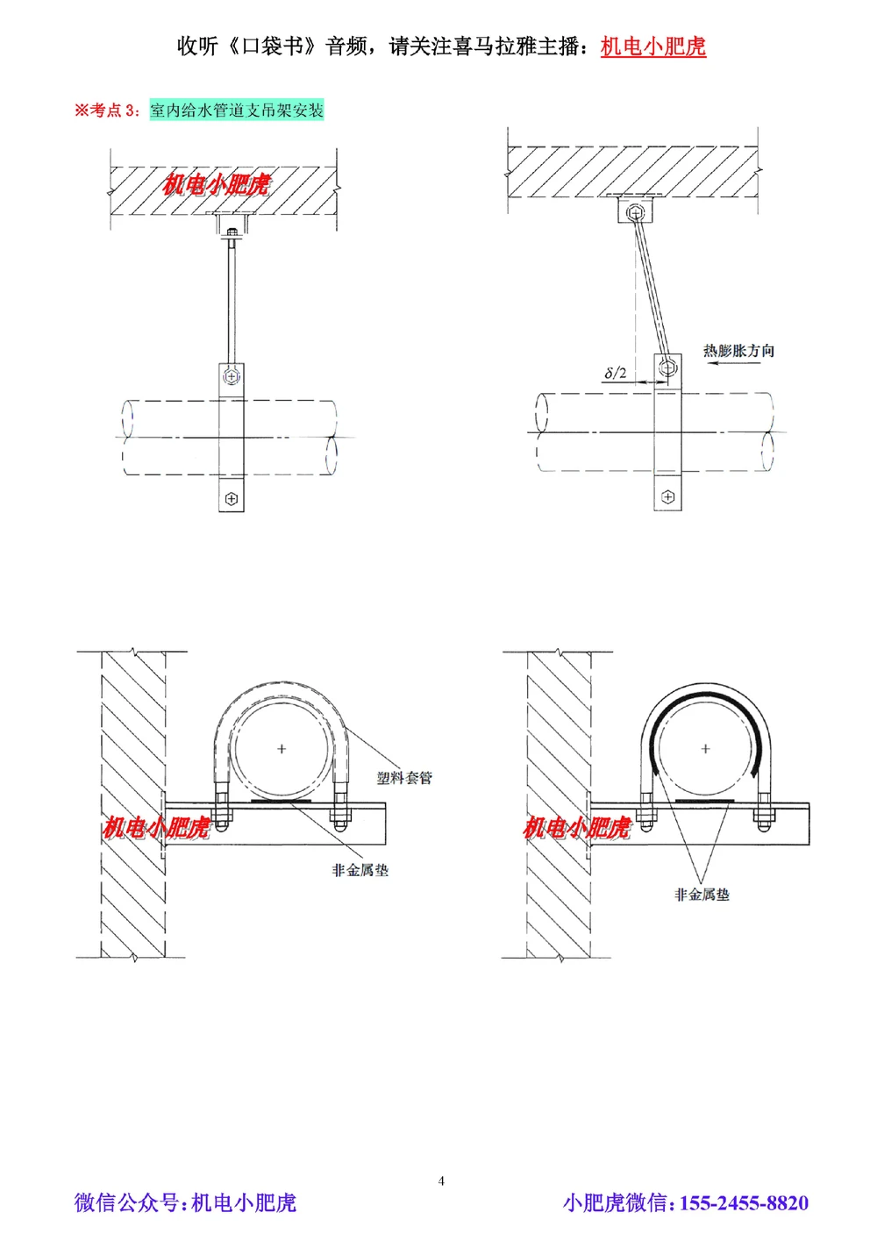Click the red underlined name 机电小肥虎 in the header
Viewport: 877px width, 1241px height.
652,46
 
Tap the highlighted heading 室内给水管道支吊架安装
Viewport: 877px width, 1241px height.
237,111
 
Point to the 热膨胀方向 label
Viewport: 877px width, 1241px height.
738,350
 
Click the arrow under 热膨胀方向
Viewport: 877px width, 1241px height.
734,363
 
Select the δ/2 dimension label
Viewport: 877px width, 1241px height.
615,373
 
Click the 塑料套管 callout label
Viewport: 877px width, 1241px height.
404,778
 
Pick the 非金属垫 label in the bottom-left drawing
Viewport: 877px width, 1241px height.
360,870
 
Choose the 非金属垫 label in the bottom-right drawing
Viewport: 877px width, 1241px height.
702,895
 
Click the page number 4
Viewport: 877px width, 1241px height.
441,1180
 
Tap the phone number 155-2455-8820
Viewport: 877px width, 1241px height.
744,1202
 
